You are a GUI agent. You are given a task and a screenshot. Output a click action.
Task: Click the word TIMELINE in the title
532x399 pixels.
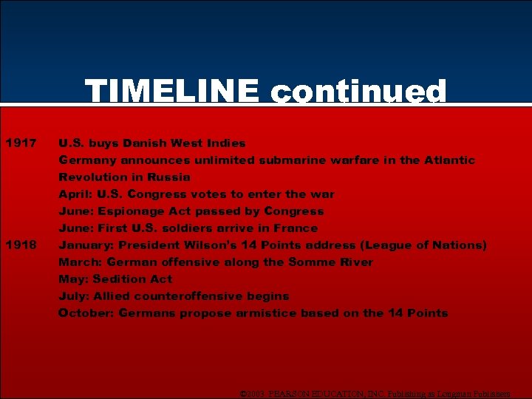pos(171,92)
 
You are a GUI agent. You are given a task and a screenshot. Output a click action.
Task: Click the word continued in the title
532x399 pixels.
pos(358,92)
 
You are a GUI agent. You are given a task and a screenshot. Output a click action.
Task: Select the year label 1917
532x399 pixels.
pos(21,143)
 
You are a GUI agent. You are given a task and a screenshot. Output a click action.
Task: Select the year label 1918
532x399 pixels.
pos(21,245)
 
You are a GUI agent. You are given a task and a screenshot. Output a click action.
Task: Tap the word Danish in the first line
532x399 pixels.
pos(146,143)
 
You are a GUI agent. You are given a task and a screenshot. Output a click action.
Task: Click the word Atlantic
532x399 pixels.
pos(449,160)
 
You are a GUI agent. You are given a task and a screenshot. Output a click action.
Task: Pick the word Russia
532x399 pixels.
pos(170,177)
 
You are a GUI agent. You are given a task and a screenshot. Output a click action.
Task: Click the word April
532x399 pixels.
pos(75,194)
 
